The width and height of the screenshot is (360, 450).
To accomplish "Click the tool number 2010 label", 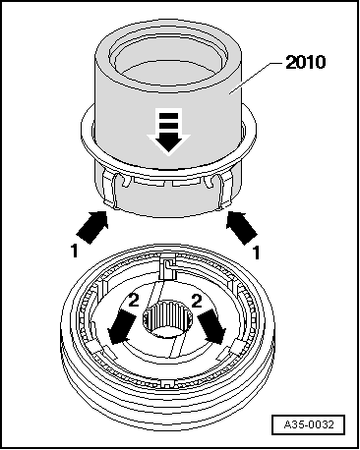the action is tap(306, 62).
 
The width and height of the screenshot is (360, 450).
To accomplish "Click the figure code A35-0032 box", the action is tap(308, 424).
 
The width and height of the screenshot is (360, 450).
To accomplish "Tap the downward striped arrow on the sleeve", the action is tap(169, 131).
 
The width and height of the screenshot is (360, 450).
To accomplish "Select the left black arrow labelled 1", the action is tap(92, 227).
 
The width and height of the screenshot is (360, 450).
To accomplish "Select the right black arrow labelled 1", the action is tap(242, 228).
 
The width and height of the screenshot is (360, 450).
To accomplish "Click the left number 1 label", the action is tap(75, 251).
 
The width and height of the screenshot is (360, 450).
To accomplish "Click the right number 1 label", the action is tap(257, 253).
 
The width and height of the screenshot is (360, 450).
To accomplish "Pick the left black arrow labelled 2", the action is tap(122, 327).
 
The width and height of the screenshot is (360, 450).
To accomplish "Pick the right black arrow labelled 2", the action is tap(212, 327).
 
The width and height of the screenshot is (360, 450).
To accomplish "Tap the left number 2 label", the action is tap(134, 301).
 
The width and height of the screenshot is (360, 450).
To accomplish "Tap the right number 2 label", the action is tap(197, 301).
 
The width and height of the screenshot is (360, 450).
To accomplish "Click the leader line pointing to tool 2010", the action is tap(256, 78).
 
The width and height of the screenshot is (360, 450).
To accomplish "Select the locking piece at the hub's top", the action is tap(168, 266).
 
